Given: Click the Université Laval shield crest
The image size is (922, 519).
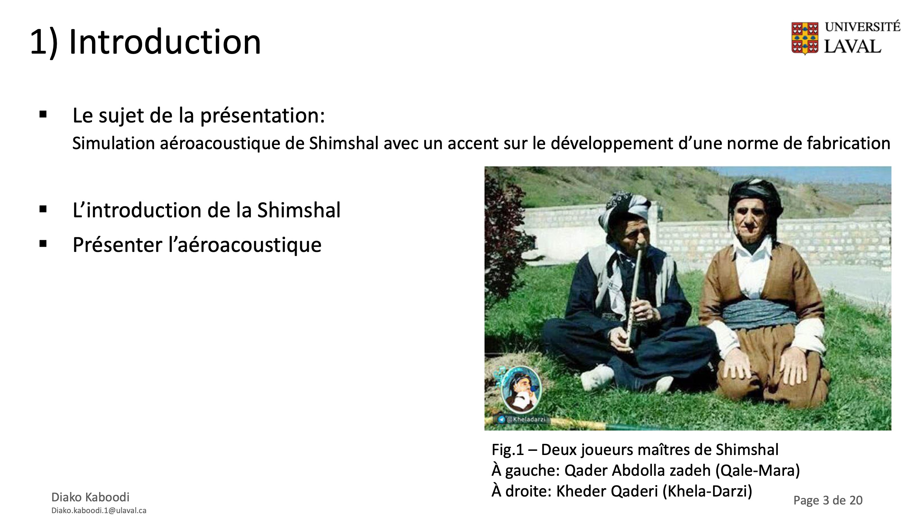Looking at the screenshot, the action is click(805, 38).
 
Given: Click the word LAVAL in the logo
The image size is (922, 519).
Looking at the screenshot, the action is click(852, 47).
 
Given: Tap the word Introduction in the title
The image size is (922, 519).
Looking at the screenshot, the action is click(165, 42).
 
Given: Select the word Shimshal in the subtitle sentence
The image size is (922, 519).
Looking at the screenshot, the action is click(344, 143).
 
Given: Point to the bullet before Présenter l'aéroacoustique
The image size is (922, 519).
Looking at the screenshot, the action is click(43, 244).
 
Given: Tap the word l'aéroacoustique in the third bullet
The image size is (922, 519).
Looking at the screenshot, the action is click(245, 245).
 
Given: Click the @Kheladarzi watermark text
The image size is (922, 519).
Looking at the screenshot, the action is click(526, 419).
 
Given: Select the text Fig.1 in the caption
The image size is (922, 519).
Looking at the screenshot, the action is click(508, 450).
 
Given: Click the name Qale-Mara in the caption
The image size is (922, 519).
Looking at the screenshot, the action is click(757, 471).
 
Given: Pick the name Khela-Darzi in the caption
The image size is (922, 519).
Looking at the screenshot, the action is click(707, 491).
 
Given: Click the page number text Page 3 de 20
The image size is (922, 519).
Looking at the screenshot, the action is click(828, 500).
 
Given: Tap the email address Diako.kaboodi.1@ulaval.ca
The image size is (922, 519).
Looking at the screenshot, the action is click(99, 510).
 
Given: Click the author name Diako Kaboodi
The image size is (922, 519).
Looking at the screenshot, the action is click(91, 497).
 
